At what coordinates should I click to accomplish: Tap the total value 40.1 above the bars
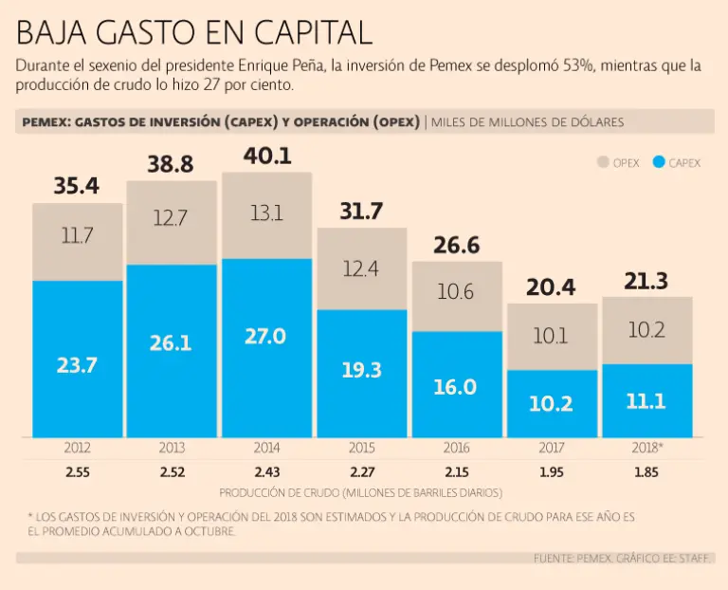(267, 156)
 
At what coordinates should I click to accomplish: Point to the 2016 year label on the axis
(457, 447)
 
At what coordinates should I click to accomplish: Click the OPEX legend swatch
(602, 162)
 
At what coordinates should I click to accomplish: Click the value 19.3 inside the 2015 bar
(361, 370)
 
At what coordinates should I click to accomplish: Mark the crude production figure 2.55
(77, 471)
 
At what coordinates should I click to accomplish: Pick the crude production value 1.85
(646, 471)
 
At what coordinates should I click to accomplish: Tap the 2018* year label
(646, 447)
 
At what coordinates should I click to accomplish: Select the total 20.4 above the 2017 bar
(552, 286)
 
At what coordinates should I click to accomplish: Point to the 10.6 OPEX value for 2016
(456, 292)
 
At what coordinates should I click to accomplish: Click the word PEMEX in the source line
(596, 559)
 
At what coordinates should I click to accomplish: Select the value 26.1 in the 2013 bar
(172, 342)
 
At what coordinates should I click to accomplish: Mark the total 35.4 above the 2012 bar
(77, 186)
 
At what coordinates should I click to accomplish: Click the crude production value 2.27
(361, 471)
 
